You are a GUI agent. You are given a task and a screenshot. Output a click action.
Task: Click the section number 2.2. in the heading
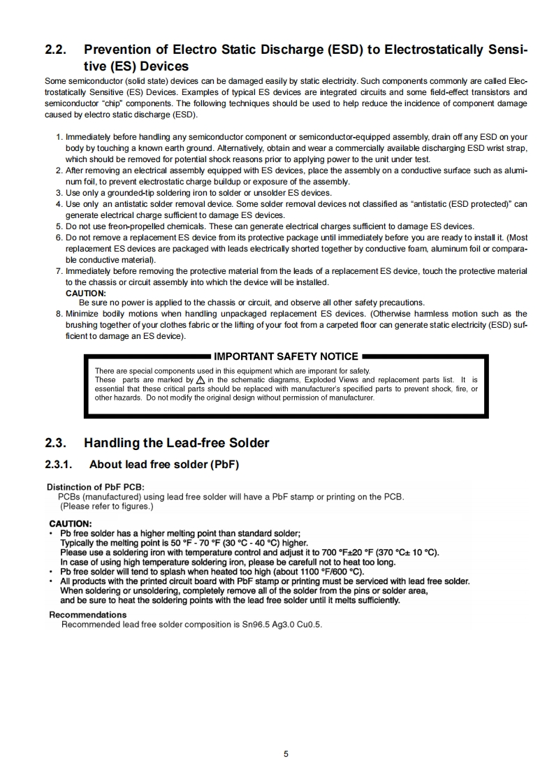(55, 50)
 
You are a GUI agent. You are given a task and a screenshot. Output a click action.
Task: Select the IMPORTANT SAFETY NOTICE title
(286, 356)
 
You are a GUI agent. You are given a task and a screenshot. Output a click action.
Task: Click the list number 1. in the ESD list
(59, 138)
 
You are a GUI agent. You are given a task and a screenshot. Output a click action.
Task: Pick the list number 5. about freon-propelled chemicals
(59, 226)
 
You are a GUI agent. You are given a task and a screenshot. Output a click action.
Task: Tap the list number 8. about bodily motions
(59, 314)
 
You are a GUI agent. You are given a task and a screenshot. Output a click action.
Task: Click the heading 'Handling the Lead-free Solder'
(176, 443)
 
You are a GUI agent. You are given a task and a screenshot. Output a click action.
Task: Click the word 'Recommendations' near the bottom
(88, 615)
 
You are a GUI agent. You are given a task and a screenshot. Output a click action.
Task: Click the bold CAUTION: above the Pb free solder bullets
(70, 523)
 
